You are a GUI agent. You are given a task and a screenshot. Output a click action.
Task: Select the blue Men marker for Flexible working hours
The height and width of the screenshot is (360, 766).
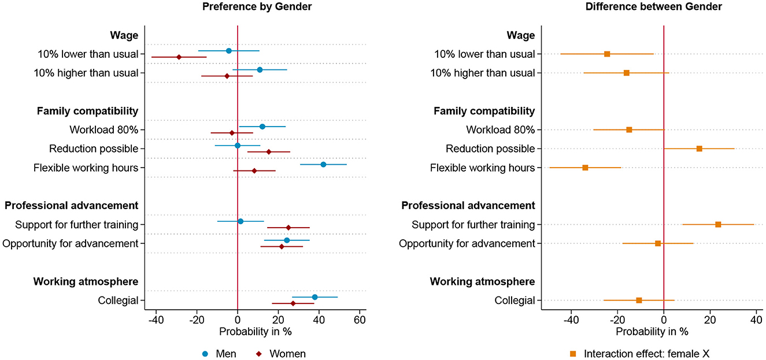pyautogui.click(x=323, y=165)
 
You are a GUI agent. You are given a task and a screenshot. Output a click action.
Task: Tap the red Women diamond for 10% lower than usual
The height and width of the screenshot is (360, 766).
pyautogui.click(x=179, y=57)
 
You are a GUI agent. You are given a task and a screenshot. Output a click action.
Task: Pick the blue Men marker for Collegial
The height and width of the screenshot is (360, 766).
pyautogui.click(x=314, y=297)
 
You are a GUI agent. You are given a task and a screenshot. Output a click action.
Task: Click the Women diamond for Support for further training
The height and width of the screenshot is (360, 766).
pyautogui.click(x=288, y=228)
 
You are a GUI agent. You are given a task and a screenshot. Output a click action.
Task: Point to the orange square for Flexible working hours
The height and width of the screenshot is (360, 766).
pyautogui.click(x=585, y=168)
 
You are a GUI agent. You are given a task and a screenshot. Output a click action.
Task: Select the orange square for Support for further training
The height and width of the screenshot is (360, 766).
pyautogui.click(x=718, y=224)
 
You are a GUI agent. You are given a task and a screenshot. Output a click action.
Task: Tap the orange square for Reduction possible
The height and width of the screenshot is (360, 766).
pyautogui.click(x=699, y=149)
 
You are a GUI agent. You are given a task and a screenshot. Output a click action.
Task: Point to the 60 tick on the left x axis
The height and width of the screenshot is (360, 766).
pyautogui.click(x=360, y=320)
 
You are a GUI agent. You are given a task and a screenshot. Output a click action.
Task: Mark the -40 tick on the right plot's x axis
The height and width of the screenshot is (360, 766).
pyautogui.click(x=571, y=320)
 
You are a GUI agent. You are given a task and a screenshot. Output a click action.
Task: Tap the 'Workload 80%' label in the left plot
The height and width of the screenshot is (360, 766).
pyautogui.click(x=103, y=129)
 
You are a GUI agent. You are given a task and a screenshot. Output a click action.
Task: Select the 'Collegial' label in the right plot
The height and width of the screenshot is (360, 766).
pyautogui.click(x=515, y=300)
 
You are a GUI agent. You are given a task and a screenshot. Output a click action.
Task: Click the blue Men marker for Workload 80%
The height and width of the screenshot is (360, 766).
pyautogui.click(x=262, y=127)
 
